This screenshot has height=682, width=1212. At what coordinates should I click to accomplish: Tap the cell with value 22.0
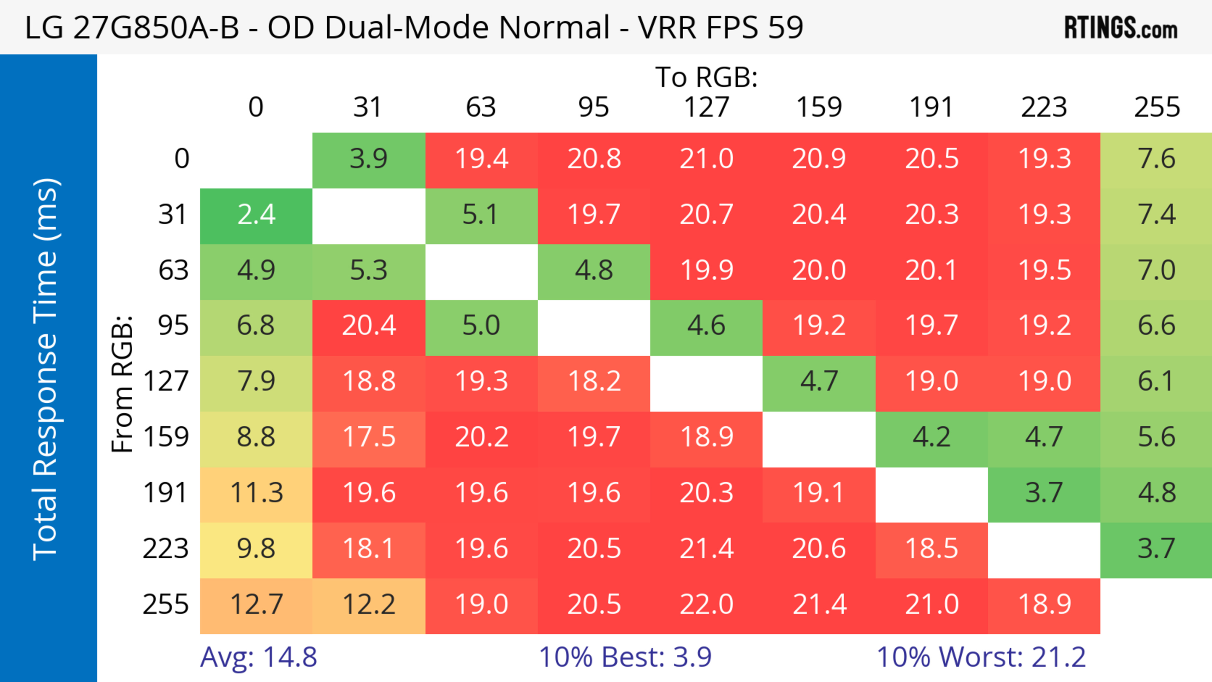pos(706,605)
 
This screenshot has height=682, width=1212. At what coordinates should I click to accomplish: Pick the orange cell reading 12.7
pos(256,605)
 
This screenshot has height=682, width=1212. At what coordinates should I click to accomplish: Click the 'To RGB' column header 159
pos(819,107)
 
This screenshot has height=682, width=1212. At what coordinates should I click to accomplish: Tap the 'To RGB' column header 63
pos(481,107)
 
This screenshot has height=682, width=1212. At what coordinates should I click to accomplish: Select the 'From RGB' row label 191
pos(166,493)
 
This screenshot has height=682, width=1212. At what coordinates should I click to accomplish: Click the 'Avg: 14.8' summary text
pos(258,657)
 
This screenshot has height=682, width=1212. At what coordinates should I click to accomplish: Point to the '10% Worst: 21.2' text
pos(981,657)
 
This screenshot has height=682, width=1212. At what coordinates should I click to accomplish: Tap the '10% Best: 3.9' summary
pos(625,657)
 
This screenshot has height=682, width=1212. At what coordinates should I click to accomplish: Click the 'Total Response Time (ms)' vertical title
pos(46,369)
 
